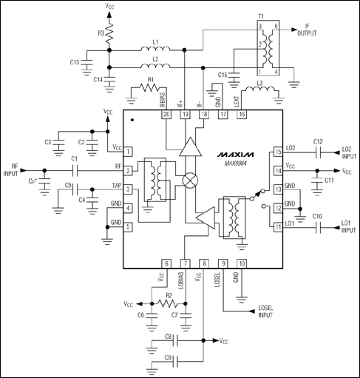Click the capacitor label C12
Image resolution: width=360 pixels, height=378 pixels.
point(318,141)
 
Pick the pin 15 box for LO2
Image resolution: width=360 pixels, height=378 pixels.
point(279,152)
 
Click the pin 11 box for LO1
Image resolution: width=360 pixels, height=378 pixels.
point(279,227)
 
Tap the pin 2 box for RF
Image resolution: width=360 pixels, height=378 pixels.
point(128,170)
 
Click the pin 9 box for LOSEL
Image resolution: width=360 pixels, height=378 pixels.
point(223,263)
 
